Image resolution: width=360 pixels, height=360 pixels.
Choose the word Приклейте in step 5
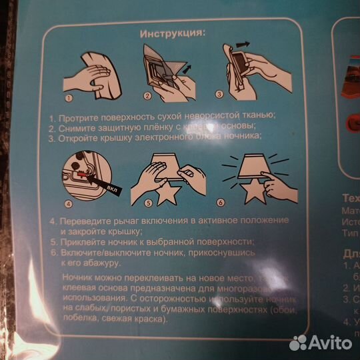point(83,242)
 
